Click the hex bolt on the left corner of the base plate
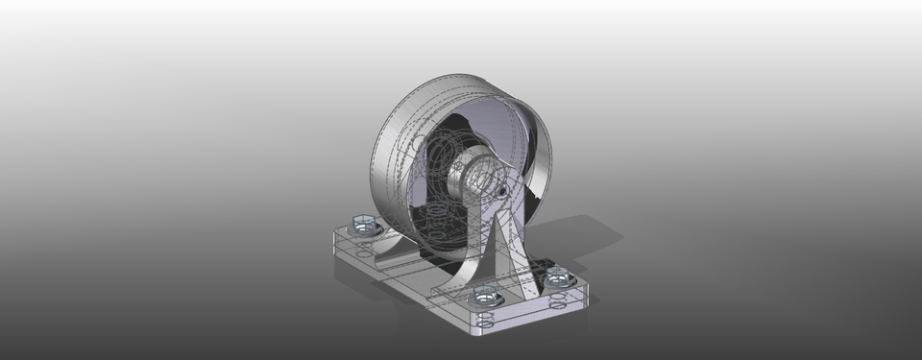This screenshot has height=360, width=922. [x=363, y=225]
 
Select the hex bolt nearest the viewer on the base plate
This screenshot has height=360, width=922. [x=485, y=296]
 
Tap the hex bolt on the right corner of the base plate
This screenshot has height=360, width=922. [x=556, y=277]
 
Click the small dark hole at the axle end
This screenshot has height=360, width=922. [x=502, y=191]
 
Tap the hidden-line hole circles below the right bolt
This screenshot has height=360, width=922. [x=557, y=299]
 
